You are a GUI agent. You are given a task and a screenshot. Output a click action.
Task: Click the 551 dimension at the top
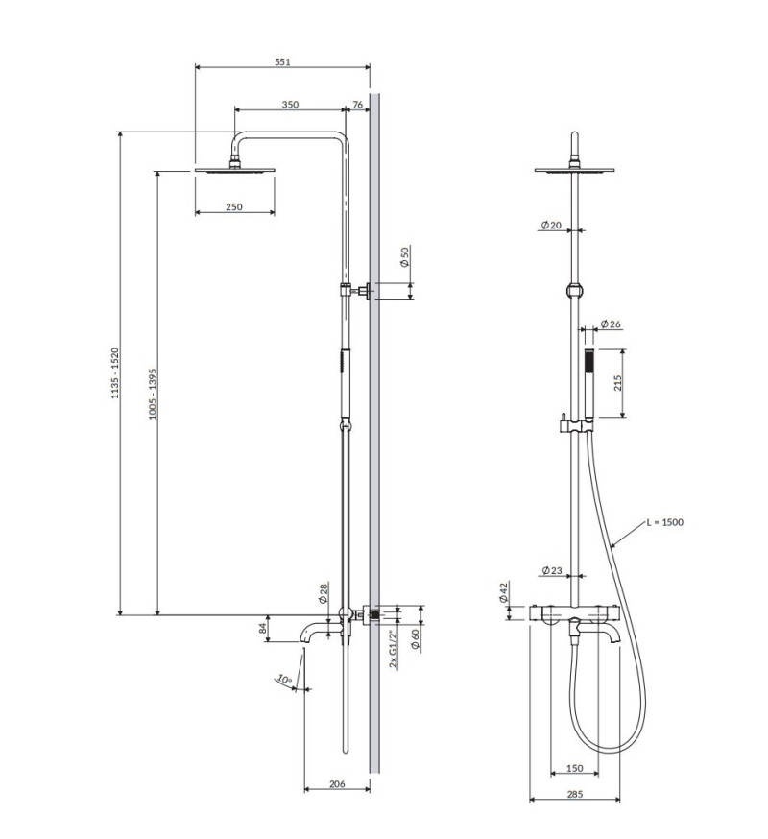click(x=282, y=61)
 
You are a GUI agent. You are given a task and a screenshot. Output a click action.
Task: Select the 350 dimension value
click(x=290, y=104)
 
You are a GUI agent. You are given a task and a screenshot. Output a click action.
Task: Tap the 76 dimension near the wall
click(x=357, y=104)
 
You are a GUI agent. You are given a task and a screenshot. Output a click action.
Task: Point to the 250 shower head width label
click(x=234, y=206)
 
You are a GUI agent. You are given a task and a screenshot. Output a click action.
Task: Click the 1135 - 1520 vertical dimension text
click(x=114, y=372)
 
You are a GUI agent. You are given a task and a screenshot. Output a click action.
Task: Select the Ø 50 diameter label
click(x=405, y=256)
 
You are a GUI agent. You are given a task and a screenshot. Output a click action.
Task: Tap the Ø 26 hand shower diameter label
click(x=611, y=324)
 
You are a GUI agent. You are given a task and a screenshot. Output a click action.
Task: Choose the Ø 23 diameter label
click(x=550, y=571)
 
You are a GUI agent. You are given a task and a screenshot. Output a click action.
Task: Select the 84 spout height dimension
click(x=261, y=629)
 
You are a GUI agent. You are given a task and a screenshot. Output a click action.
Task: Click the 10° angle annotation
click(x=283, y=680)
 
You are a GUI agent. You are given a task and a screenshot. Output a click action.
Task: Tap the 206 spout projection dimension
click(x=337, y=784)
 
